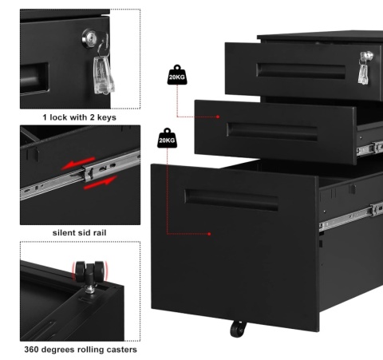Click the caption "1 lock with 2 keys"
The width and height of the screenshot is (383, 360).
coord(80,117)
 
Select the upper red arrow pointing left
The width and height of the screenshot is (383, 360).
coord(78,163)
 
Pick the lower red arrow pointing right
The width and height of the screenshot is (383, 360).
coord(101,183)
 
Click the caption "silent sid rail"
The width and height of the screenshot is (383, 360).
coord(80,233)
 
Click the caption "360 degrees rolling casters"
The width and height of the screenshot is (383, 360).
coord(81,350)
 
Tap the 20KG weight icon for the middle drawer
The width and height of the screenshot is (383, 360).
coord(177,75)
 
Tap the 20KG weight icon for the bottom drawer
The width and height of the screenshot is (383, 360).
coord(167,138)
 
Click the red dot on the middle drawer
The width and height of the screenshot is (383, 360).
coord(218,117)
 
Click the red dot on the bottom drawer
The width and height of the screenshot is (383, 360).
coord(209,234)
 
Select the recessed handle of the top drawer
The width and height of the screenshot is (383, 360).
coord(301,71)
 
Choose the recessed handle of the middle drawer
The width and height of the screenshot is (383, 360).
coord(272,132)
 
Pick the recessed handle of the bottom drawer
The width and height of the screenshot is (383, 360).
coord(231,200)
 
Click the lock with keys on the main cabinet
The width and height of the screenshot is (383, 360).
coord(365,68)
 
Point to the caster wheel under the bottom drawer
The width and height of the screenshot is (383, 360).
coord(238,329)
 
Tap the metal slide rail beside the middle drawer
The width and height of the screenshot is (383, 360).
coord(369,148)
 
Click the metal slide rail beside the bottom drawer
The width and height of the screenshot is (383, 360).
coord(351,216)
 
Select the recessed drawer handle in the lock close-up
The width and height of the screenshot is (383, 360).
coord(34,78)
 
